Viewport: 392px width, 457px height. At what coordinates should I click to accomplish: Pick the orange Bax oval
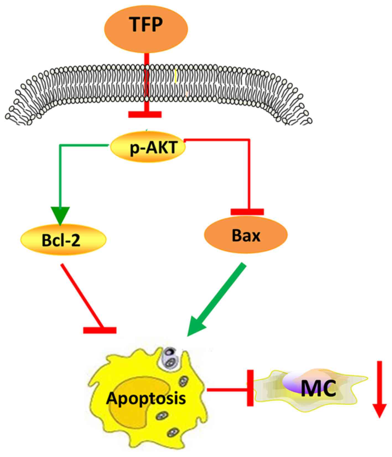[246, 235]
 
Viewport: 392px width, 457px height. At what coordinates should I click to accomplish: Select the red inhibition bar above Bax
[247, 212]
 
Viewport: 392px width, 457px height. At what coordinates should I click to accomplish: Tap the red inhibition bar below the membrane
[145, 114]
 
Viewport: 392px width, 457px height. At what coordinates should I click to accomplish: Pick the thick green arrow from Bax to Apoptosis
[219, 299]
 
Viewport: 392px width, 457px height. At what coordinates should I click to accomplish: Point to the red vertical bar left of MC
[250, 388]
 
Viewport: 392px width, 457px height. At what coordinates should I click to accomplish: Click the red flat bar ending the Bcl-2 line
[100, 330]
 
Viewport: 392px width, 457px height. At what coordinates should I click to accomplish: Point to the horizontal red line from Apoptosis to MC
[227, 390]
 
